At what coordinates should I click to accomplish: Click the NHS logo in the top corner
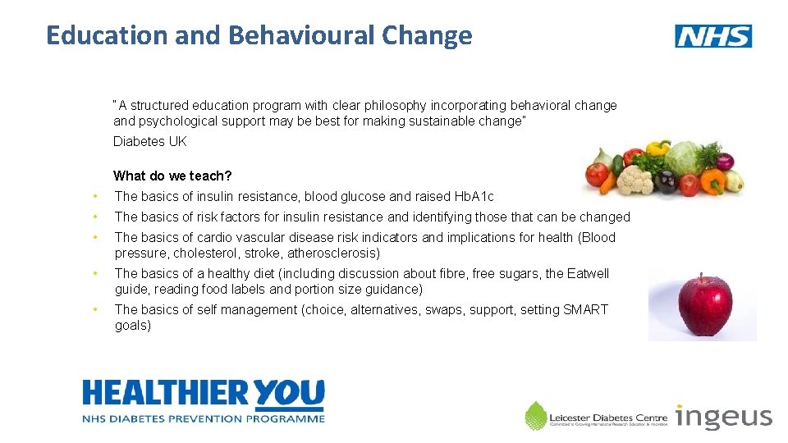point(712,36)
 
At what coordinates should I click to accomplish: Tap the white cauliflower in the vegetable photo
point(634,178)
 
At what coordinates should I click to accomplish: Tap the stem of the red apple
point(700,277)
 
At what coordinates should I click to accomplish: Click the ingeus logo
point(723,417)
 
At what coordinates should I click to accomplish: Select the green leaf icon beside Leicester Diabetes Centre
point(535,415)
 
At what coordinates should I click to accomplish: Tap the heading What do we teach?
point(172,176)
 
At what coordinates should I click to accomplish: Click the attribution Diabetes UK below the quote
point(149,141)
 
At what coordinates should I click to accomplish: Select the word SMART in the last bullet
point(586,309)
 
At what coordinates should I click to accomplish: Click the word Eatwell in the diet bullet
point(588,273)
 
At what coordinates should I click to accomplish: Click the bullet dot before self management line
point(96,309)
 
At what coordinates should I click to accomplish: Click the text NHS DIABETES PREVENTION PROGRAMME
point(203,418)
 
